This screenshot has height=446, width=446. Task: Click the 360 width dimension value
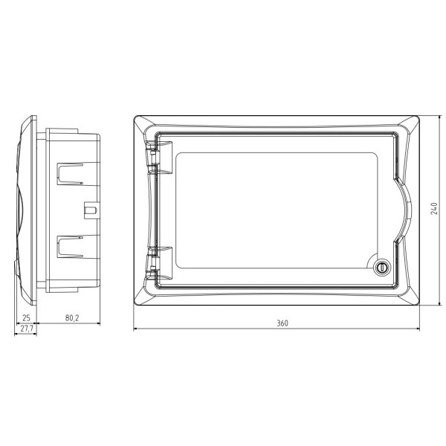[282, 323]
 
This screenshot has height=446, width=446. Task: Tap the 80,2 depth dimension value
[72, 318]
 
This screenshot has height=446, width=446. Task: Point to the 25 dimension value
[26, 318]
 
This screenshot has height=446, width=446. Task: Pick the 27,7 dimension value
[28, 329]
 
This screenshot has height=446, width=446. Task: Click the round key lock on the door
[383, 266]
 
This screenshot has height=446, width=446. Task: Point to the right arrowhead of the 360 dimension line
[418, 330]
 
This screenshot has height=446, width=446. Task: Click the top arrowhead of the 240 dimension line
[439, 117]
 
